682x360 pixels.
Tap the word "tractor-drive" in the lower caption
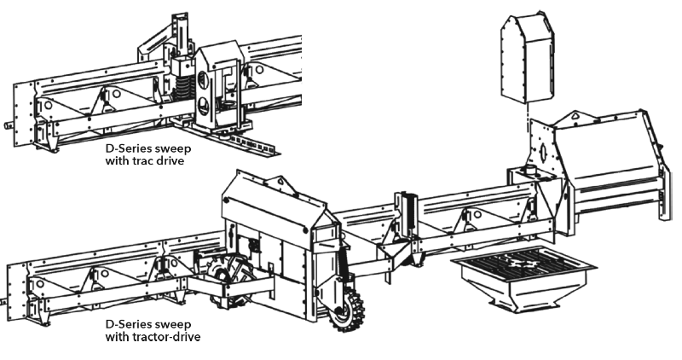pos(174,336)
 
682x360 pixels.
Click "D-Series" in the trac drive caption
pos(123,148)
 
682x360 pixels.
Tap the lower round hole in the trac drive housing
pos(203,105)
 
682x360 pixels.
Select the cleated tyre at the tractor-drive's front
pos(347,310)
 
